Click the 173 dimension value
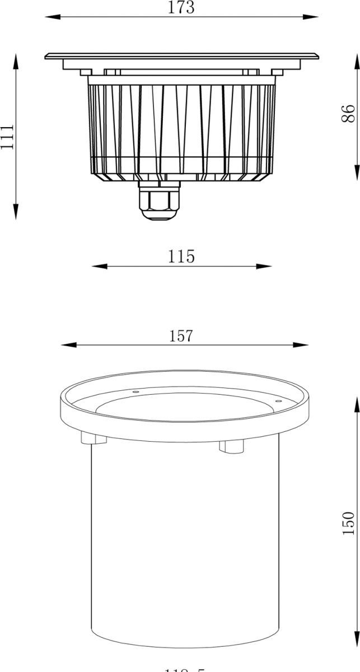click(181, 8)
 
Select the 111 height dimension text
click(7, 137)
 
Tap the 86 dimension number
click(348, 113)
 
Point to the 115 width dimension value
click(181, 256)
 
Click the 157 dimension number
click(181, 335)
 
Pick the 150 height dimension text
click(348, 523)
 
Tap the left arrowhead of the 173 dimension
click(49, 18)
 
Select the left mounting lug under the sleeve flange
click(94, 437)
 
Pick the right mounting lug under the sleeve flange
click(230, 446)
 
